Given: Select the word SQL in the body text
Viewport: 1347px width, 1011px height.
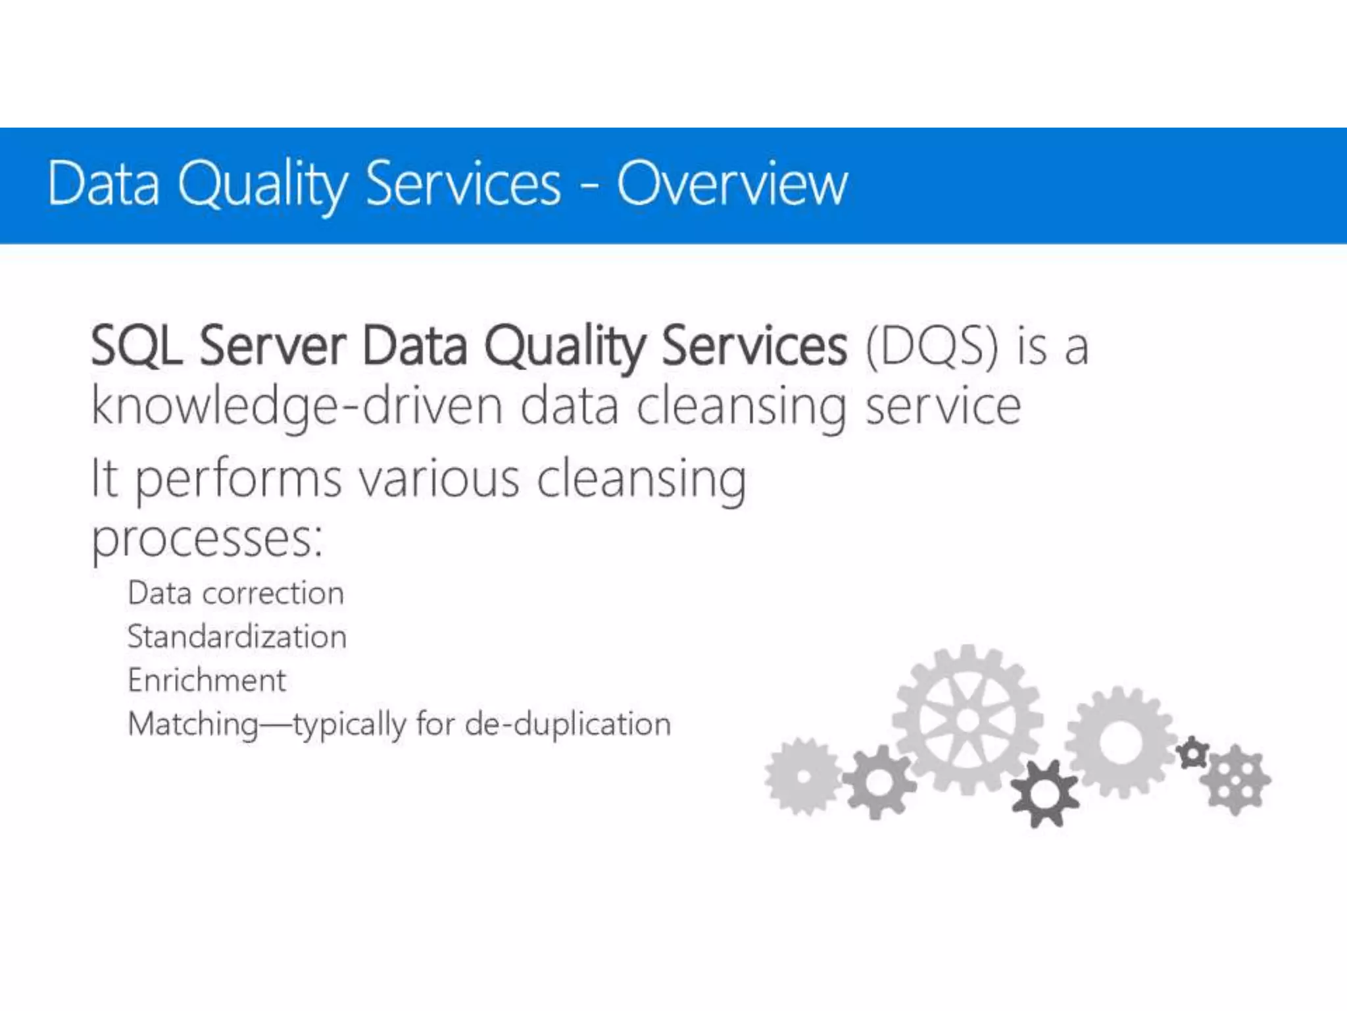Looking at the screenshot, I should pyautogui.click(x=136, y=345).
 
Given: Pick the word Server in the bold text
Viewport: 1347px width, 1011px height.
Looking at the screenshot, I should pyautogui.click(x=272, y=345).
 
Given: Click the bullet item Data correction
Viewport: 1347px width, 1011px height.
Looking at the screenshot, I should pyautogui.click(x=235, y=593).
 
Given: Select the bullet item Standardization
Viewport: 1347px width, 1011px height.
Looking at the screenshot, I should pyautogui.click(x=237, y=636).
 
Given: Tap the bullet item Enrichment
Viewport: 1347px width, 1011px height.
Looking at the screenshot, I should pyautogui.click(x=207, y=680).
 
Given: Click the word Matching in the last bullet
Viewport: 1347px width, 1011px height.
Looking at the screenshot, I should pyautogui.click(x=193, y=725).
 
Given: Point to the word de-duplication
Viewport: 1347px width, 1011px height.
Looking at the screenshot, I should pyautogui.click(x=568, y=724).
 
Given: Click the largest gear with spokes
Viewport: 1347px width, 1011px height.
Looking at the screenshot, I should pyautogui.click(x=967, y=719).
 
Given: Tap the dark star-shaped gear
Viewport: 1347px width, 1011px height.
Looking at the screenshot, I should pyautogui.click(x=1045, y=793).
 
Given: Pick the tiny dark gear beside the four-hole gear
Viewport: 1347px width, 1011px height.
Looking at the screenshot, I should pyautogui.click(x=1192, y=753).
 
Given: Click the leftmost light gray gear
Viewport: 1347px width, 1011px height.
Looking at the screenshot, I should pyautogui.click(x=803, y=776).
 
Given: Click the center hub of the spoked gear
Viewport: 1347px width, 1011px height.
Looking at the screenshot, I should pyautogui.click(x=967, y=719).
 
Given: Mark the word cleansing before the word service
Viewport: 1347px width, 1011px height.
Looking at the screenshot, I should pyautogui.click(x=741, y=407).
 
